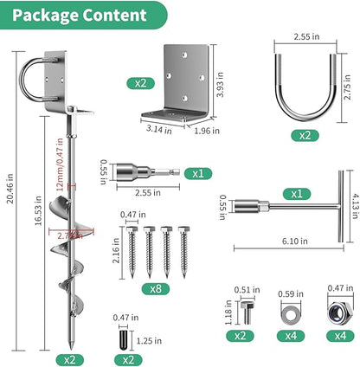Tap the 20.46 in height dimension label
click(x=10, y=189)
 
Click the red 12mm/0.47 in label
click(x=60, y=164)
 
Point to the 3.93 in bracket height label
click(x=220, y=85)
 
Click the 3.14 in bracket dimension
click(x=159, y=129)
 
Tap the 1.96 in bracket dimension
click(x=207, y=131)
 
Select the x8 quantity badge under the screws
click(x=156, y=288)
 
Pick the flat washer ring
click(x=291, y=313)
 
